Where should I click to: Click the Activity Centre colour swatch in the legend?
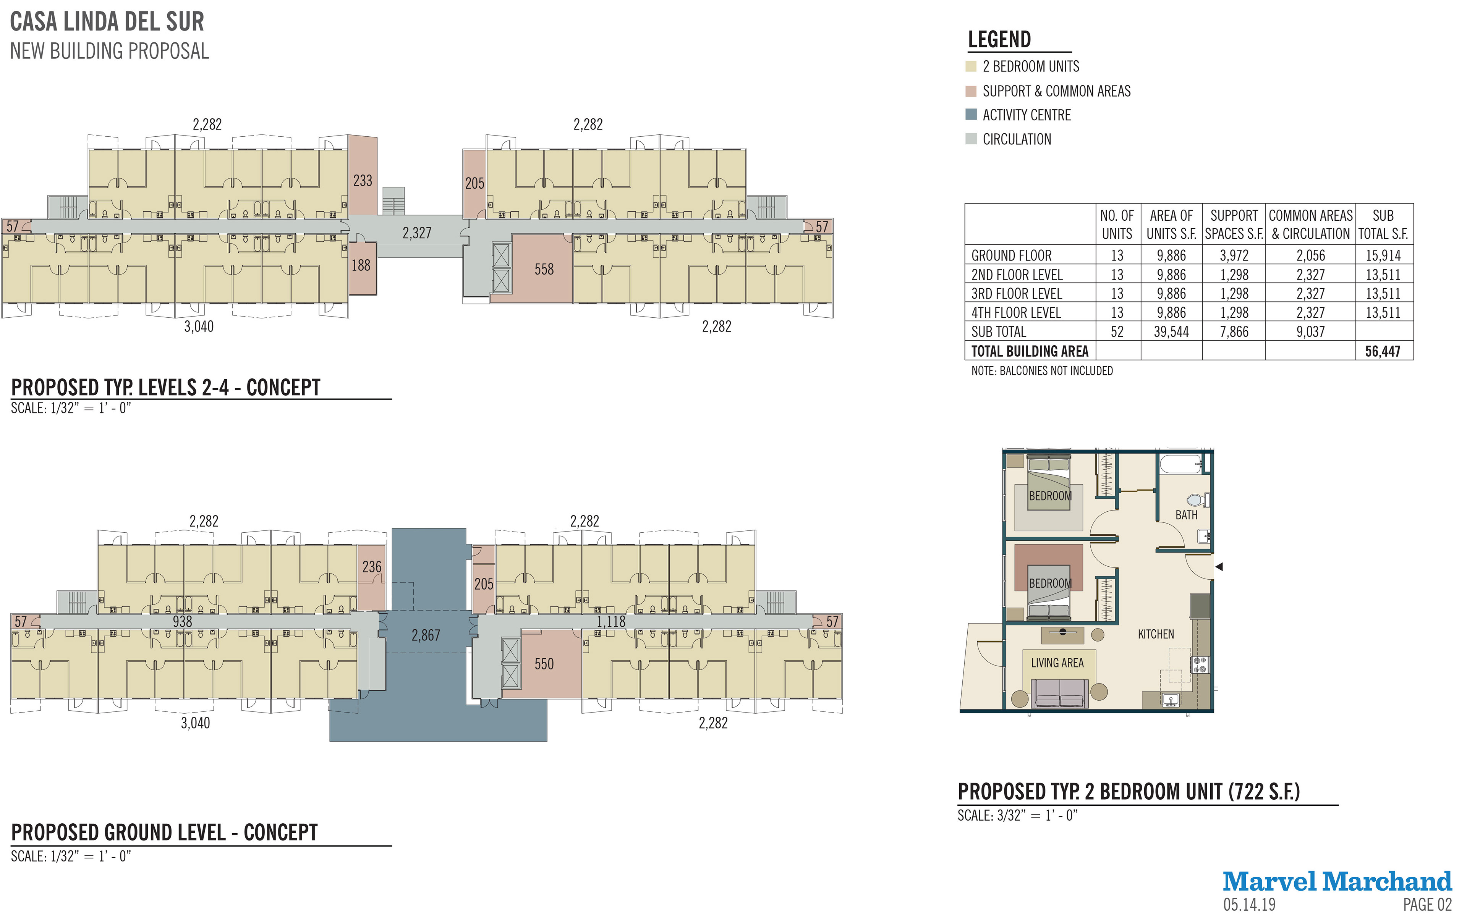coord(971,115)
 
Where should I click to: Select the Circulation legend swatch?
coord(971,139)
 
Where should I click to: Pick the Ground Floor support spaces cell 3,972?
coord(1234,255)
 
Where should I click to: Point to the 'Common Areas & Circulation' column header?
coord(1310,225)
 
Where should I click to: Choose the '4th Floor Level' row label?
coord(1016,313)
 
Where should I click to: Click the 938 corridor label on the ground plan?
coord(182,622)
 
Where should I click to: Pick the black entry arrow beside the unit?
coord(1219,566)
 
